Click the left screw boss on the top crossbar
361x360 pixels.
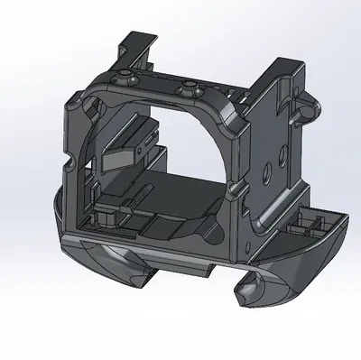pos(123,73)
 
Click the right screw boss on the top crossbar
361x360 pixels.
pos(189,87)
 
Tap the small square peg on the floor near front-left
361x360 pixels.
pos(106,218)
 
